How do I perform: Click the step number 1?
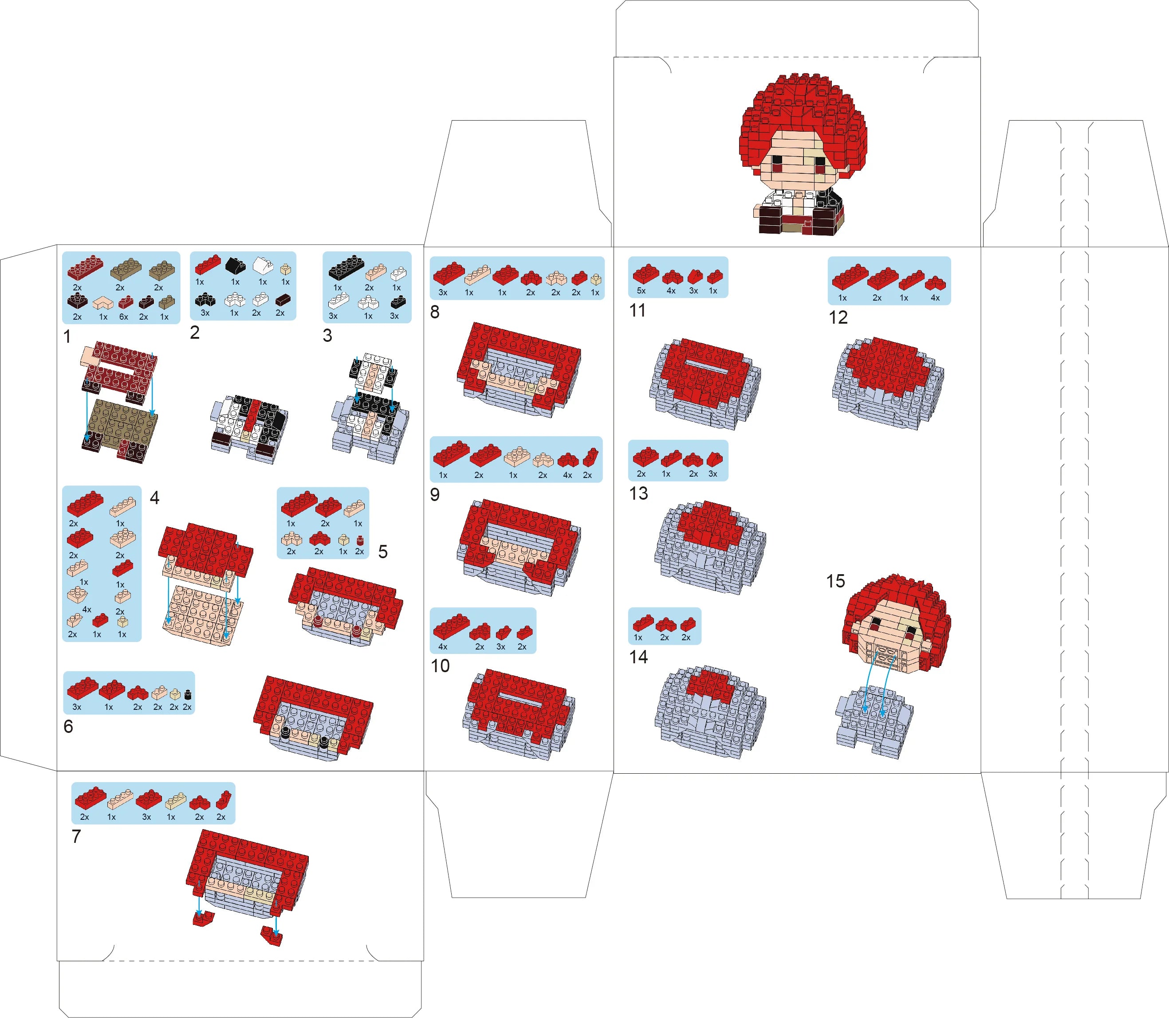67,337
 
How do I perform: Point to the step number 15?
835,581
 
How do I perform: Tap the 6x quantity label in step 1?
123,317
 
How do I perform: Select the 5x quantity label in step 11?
641,291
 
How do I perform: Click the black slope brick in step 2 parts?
235,265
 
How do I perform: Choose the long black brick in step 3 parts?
346,267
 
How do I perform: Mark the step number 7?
76,837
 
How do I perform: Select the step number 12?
838,317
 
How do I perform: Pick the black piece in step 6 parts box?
188,695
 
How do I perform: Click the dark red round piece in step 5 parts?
360,541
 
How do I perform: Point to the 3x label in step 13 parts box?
712,474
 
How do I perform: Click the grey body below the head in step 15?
874,722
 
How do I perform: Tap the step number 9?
435,495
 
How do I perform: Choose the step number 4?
154,498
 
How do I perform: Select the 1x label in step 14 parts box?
638,638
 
